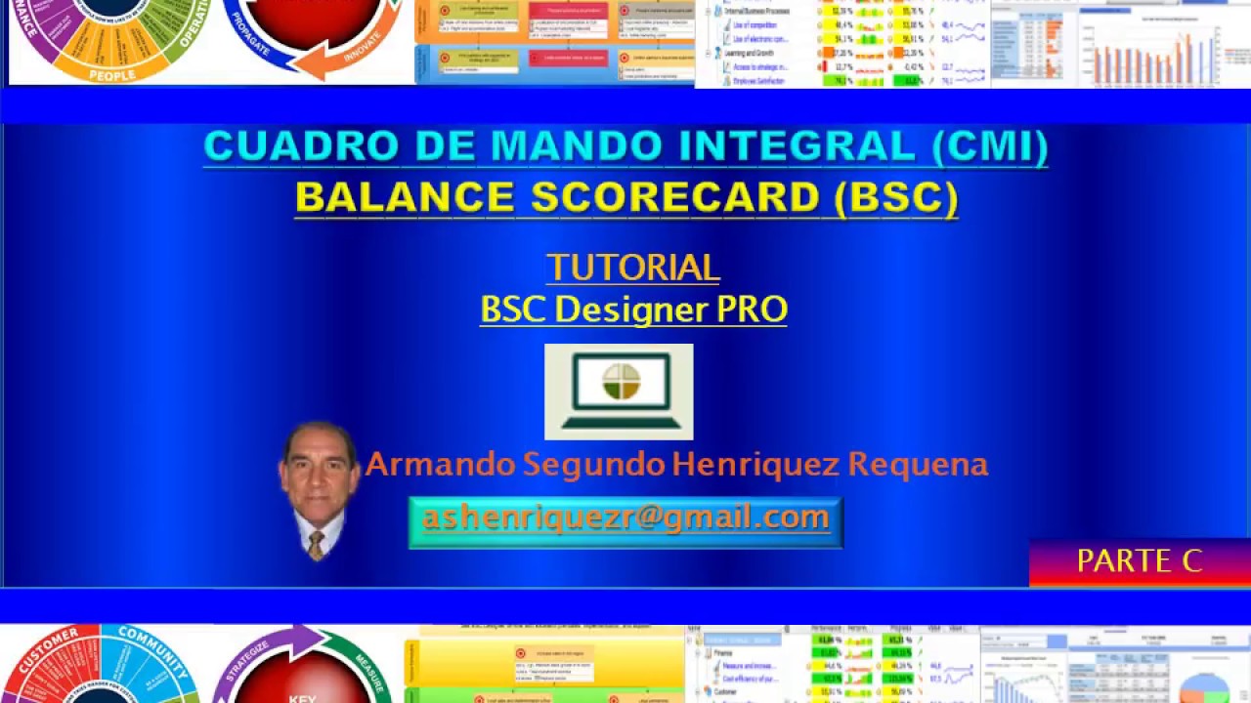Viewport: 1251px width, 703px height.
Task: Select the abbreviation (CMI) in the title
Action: point(989,146)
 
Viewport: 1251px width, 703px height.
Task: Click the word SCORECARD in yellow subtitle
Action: point(674,197)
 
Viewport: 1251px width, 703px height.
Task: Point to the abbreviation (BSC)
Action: point(895,197)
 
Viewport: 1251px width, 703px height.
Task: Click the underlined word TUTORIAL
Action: point(632,268)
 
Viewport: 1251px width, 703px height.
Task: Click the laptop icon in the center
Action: point(619,391)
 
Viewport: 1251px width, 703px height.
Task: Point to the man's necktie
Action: point(316,545)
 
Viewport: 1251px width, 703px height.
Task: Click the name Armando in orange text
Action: point(440,464)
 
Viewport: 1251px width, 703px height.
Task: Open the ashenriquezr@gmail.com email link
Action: point(625,517)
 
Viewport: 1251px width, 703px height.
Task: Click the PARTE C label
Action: point(1139,560)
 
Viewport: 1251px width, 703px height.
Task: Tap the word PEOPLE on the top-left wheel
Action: point(112,74)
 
